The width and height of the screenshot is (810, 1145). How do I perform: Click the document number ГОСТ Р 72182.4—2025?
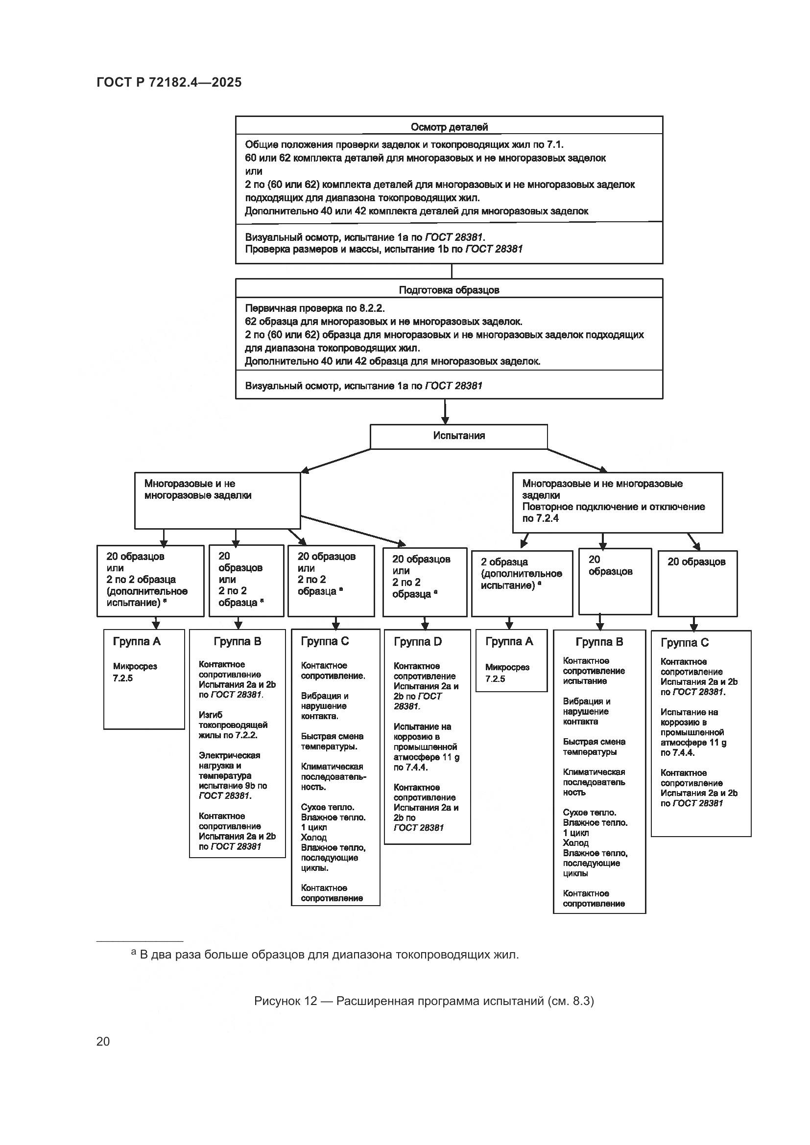169,82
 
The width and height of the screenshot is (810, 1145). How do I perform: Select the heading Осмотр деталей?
449,127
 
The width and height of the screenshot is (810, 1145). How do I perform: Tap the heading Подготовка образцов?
449,290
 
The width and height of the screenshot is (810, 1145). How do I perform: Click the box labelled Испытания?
458,436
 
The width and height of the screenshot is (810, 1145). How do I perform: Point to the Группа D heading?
417,641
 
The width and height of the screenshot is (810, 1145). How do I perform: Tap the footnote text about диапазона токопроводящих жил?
329,955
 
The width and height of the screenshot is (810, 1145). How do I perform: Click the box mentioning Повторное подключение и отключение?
617,502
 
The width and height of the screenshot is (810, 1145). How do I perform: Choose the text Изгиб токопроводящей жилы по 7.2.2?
233,724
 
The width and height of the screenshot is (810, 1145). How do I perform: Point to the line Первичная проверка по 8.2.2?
315,308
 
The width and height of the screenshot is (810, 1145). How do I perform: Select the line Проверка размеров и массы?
383,249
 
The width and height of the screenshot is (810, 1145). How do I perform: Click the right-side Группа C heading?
684,642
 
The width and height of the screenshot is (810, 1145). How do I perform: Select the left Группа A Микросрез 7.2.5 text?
135,672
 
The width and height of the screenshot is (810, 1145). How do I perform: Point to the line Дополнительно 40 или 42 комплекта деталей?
416,211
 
